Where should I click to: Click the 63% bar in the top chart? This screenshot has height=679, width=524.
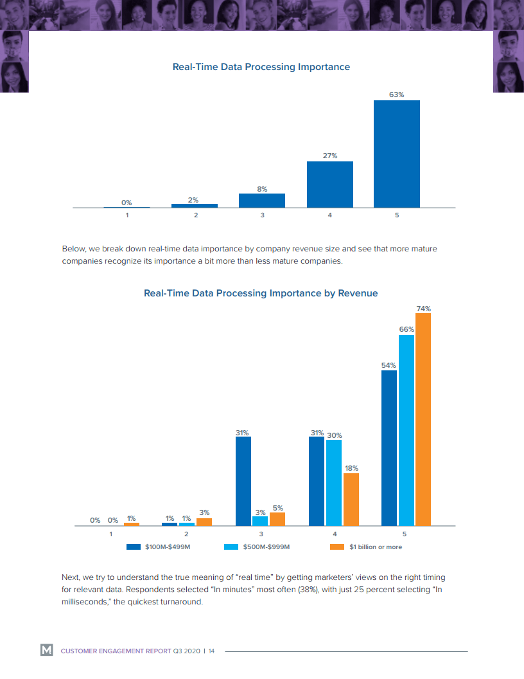click(396, 154)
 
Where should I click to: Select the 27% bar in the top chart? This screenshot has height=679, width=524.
click(329, 185)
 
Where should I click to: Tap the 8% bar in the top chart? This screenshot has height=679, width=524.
click(262, 201)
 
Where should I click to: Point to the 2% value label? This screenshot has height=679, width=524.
click(193, 200)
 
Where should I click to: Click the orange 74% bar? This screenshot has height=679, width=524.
click(423, 419)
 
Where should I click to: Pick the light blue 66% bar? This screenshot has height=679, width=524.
click(406, 430)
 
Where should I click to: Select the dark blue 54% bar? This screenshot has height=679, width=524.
click(389, 448)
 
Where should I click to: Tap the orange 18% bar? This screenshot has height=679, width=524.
click(351, 500)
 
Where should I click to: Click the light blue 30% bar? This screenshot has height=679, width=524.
click(333, 482)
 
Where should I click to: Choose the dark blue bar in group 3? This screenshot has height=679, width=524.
click(243, 481)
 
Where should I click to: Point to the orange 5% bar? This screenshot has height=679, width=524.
click(277, 519)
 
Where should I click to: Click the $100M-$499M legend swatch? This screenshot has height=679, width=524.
click(134, 547)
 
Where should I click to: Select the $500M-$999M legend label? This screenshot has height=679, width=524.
click(267, 547)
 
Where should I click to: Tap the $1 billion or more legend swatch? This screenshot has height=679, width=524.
click(337, 547)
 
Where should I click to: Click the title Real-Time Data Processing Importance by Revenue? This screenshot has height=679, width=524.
click(261, 293)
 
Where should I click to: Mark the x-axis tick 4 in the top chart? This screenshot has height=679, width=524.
click(329, 215)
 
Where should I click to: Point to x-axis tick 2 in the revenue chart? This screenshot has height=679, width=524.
click(186, 534)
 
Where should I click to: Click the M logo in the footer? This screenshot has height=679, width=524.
click(47, 651)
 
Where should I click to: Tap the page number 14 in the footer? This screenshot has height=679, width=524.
click(211, 651)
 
